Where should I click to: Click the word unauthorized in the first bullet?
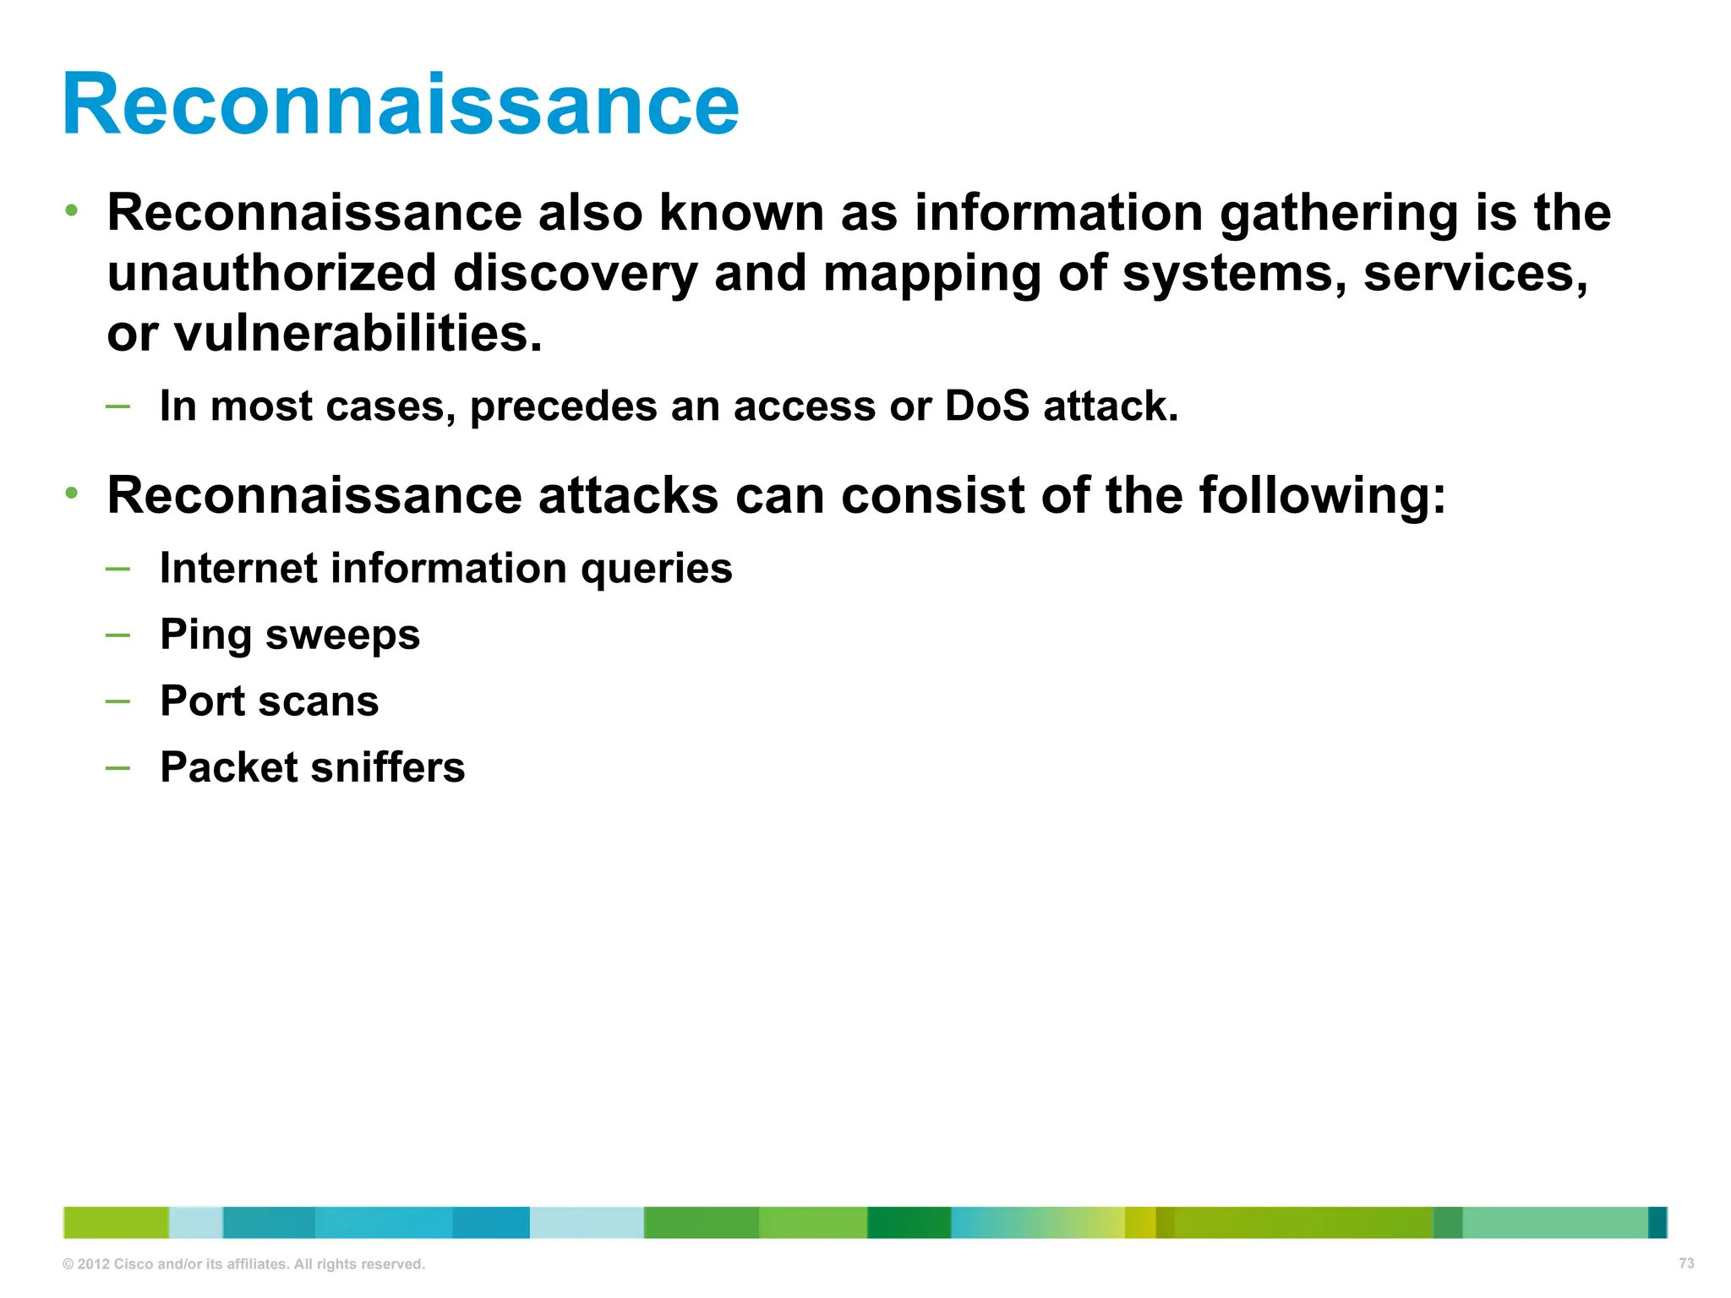point(271,274)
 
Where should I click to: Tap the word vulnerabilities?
point(358,335)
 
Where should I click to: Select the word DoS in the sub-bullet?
point(986,406)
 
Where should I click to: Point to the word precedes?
point(563,407)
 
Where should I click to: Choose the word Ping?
point(205,635)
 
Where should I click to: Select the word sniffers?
point(388,767)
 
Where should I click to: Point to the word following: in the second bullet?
point(1322,496)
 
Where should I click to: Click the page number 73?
point(1686,1263)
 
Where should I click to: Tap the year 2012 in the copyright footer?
point(93,1264)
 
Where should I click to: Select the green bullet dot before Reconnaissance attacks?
point(73,493)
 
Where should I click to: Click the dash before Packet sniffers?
point(118,767)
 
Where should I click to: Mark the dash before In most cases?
point(118,406)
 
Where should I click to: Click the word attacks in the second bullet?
point(629,496)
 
